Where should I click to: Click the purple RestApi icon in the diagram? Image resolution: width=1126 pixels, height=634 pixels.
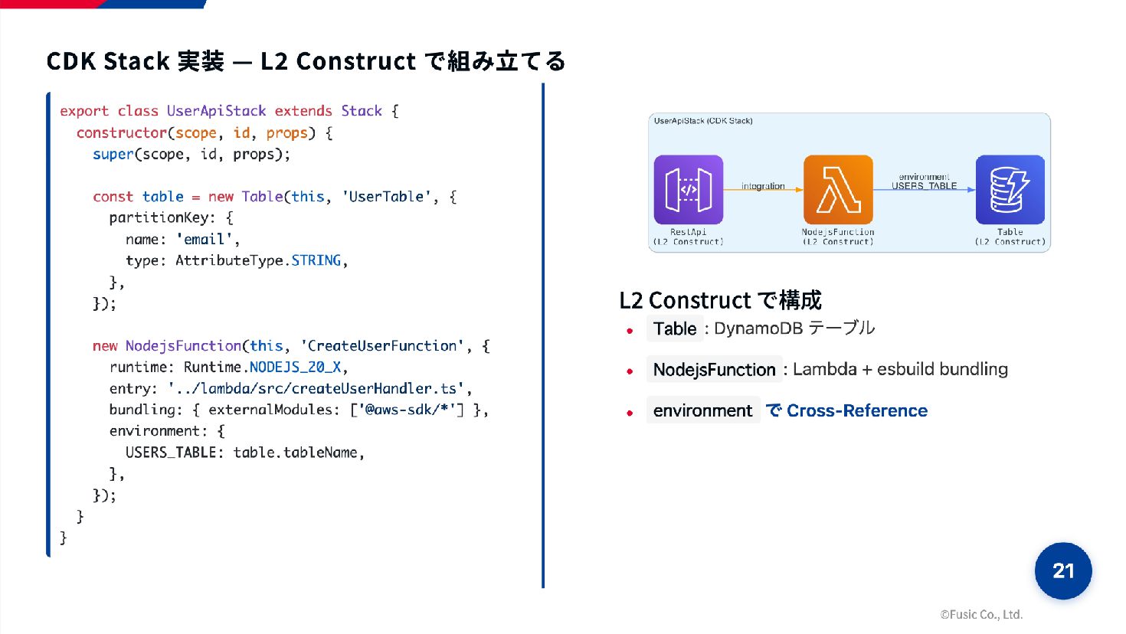click(688, 189)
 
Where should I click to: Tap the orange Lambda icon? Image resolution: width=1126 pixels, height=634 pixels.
click(838, 189)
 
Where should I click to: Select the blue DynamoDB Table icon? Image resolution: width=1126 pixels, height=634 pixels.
click(1010, 189)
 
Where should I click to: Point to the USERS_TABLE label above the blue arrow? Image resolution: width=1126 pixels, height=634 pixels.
click(924, 186)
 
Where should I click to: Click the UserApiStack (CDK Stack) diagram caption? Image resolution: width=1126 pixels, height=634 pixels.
click(703, 121)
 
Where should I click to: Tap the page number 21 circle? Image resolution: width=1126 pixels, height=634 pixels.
click(1063, 570)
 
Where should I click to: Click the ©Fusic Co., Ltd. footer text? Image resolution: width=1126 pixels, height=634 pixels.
click(981, 614)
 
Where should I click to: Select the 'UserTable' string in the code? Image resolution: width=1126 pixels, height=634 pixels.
click(386, 197)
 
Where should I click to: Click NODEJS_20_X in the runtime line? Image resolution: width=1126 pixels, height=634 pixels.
click(295, 368)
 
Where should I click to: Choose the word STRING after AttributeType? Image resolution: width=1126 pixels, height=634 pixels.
click(316, 261)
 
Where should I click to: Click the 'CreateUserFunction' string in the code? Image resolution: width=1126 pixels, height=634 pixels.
click(381, 346)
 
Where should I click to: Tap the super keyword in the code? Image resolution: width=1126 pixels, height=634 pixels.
click(113, 155)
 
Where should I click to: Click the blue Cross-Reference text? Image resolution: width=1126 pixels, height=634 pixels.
click(856, 411)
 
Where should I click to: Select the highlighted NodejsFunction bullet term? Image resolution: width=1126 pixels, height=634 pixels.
click(714, 370)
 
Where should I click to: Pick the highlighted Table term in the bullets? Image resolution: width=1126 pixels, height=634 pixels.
click(675, 329)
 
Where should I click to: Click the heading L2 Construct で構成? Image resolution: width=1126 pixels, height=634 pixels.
click(720, 300)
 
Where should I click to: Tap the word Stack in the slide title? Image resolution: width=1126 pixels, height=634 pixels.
click(136, 61)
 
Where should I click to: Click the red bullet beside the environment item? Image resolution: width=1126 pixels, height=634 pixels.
click(630, 412)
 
